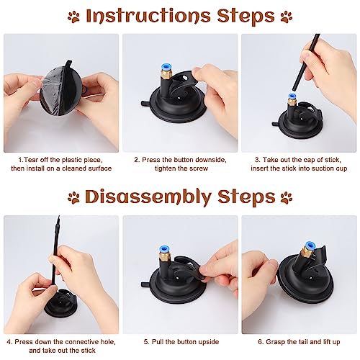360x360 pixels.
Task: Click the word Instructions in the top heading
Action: click(x=148, y=16)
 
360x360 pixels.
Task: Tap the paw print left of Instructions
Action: click(x=73, y=17)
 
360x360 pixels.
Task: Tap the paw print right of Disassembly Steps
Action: click(x=287, y=198)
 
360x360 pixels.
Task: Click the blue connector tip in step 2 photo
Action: click(x=166, y=67)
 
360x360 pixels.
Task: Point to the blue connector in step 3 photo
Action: click(x=292, y=96)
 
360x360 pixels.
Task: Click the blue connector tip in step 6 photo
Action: click(x=310, y=246)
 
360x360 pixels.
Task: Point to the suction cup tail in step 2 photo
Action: click(x=145, y=104)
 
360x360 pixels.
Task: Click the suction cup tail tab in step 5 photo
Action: click(x=145, y=284)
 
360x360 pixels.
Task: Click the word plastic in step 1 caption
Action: click(x=71, y=160)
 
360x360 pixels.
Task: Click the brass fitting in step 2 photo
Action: click(x=166, y=75)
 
